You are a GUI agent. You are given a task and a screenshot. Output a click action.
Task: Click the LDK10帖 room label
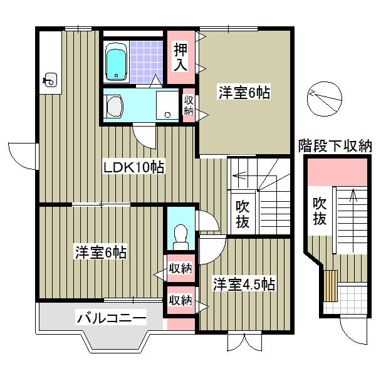[x=133, y=167]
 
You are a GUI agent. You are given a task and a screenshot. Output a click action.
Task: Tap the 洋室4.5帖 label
[x=243, y=283]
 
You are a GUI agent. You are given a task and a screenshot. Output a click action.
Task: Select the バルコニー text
[x=112, y=318]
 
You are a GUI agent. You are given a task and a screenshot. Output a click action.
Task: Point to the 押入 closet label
[x=180, y=55]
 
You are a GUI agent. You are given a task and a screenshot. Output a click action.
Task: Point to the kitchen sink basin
[x=50, y=80]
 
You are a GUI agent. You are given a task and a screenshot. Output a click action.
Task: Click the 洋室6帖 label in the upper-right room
[x=244, y=92]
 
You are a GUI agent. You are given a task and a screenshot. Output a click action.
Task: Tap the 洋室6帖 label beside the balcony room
[x=102, y=253]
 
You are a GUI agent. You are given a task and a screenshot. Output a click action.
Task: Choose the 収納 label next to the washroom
[x=188, y=105]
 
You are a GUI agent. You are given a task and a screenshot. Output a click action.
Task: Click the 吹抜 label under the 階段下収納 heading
[x=320, y=211]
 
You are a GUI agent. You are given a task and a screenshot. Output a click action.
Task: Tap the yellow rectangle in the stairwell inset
[x=331, y=285]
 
